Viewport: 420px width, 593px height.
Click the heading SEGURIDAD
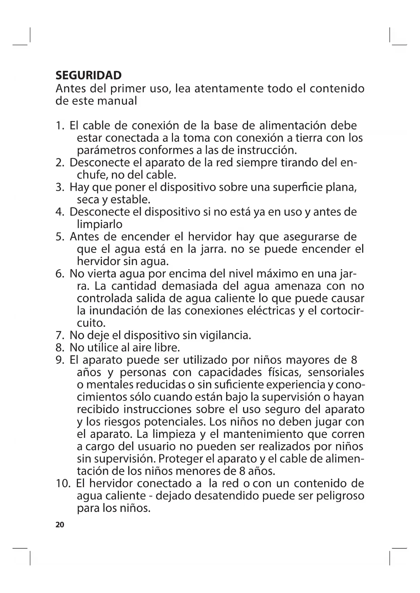point(88,75)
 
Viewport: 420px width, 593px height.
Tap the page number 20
point(60,525)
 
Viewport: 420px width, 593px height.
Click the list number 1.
point(60,126)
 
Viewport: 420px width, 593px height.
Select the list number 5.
point(60,237)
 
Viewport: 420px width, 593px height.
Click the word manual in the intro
point(117,101)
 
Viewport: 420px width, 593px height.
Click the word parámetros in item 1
point(106,150)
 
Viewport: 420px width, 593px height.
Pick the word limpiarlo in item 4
point(100,224)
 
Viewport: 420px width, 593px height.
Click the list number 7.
point(60,335)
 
